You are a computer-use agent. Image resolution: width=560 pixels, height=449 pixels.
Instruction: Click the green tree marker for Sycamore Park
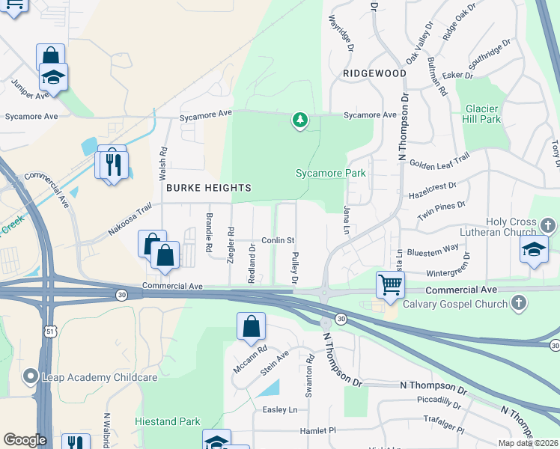tap(300, 120)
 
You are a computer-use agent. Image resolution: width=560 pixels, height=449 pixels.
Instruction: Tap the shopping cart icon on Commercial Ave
tap(389, 284)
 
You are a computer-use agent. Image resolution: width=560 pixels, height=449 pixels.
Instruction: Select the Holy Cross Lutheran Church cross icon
tap(548, 225)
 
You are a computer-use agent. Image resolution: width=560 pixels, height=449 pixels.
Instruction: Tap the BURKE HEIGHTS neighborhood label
tap(208, 187)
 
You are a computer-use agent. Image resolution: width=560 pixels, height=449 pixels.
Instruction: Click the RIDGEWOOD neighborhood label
tap(374, 73)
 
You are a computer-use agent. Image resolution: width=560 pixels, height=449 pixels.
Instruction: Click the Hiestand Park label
tap(165, 421)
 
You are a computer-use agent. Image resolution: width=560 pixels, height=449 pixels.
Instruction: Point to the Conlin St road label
tap(279, 240)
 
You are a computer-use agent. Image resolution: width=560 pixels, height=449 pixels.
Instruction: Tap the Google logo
tap(25, 439)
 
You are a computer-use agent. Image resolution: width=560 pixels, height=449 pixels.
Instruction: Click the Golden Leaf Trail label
tap(439, 160)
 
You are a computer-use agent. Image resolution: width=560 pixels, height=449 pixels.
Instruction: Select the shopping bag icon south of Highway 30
tap(251, 326)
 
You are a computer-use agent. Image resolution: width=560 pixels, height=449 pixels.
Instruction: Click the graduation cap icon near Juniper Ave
tap(54, 77)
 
